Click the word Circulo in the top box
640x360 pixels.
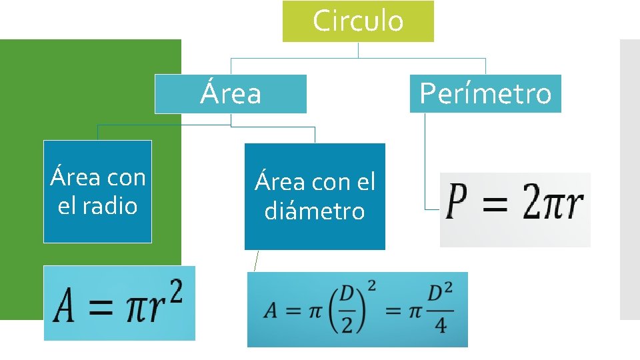tap(358, 21)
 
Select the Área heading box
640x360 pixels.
tap(231, 93)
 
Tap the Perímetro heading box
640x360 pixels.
tap(485, 93)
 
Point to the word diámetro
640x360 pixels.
tap(315, 211)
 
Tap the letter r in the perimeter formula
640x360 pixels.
tap(573, 206)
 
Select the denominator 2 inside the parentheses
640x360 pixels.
tap(349, 324)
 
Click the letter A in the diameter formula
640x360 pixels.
tap(270, 311)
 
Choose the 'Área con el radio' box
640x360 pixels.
tap(97, 191)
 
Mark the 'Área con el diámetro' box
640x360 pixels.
tap(315, 196)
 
